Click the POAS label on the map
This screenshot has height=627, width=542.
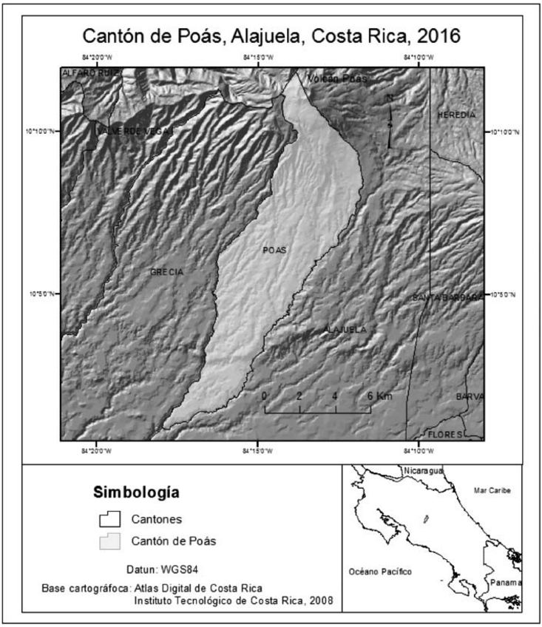tap(274, 250)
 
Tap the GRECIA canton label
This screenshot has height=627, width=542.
tap(166, 272)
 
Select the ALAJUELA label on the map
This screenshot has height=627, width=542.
tap(345, 330)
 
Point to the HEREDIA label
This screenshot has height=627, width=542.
tap(455, 115)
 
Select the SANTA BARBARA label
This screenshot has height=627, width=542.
tap(447, 297)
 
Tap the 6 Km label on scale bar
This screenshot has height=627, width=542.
tap(378, 396)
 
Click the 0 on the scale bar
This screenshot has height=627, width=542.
tap(265, 396)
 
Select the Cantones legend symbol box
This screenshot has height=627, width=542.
tap(109, 520)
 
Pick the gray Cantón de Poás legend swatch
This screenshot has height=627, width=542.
tap(109, 542)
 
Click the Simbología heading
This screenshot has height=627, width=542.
tap(137, 492)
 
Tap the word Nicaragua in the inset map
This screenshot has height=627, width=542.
tap(422, 470)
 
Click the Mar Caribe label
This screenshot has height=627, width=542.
tap(492, 489)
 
